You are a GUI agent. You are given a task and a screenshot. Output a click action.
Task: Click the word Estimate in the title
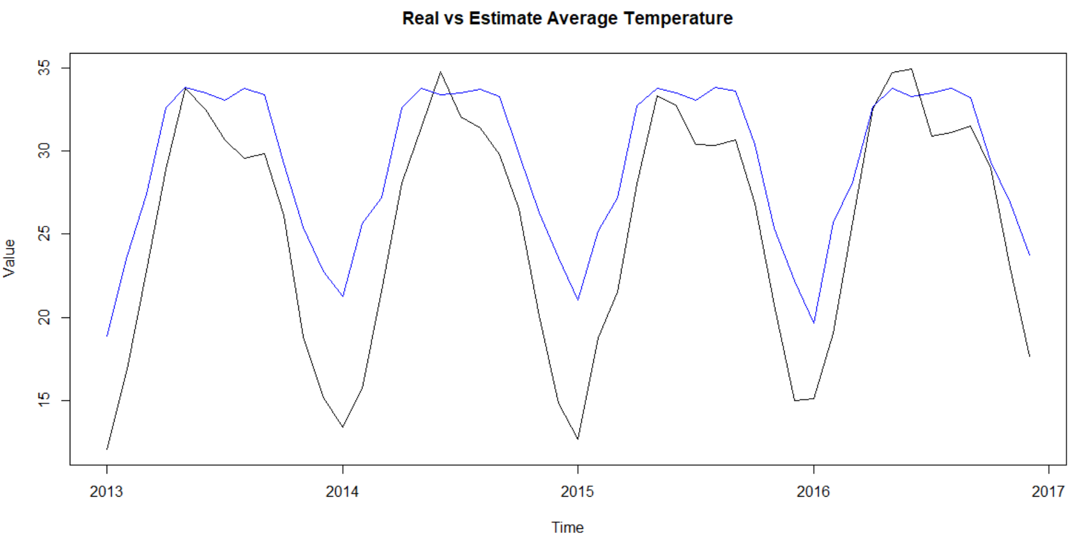tap(505, 18)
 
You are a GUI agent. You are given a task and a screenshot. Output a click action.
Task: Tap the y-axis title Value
tap(9, 258)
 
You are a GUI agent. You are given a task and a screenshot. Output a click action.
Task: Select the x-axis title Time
tap(567, 527)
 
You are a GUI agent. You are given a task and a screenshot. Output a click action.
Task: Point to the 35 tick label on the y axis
tap(44, 68)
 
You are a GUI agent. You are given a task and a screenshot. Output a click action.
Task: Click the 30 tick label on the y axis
tap(44, 151)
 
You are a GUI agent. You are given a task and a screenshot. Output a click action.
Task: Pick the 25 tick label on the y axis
tap(44, 234)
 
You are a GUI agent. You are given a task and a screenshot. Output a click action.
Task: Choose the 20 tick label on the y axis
tap(44, 317)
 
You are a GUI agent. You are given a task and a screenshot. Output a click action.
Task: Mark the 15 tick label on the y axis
tap(44, 400)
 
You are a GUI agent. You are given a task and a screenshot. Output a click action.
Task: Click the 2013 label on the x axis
tap(107, 491)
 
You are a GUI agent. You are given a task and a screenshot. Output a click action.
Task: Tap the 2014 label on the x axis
tap(342, 491)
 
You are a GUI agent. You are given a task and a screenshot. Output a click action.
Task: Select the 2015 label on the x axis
tap(577, 491)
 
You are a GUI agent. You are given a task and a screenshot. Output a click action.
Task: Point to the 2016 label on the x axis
tap(813, 491)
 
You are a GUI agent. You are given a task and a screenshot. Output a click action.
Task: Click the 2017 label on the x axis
tap(1048, 491)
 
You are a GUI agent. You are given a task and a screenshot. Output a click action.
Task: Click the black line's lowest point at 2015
tap(578, 439)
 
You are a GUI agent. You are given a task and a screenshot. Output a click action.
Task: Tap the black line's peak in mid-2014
tap(441, 72)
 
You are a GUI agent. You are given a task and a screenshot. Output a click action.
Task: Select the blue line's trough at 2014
tap(343, 296)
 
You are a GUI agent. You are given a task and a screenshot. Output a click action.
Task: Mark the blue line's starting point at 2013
tap(107, 336)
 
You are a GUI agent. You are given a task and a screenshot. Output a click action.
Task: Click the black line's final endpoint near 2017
tap(1029, 356)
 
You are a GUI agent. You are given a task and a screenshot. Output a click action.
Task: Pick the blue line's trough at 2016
tap(813, 323)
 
